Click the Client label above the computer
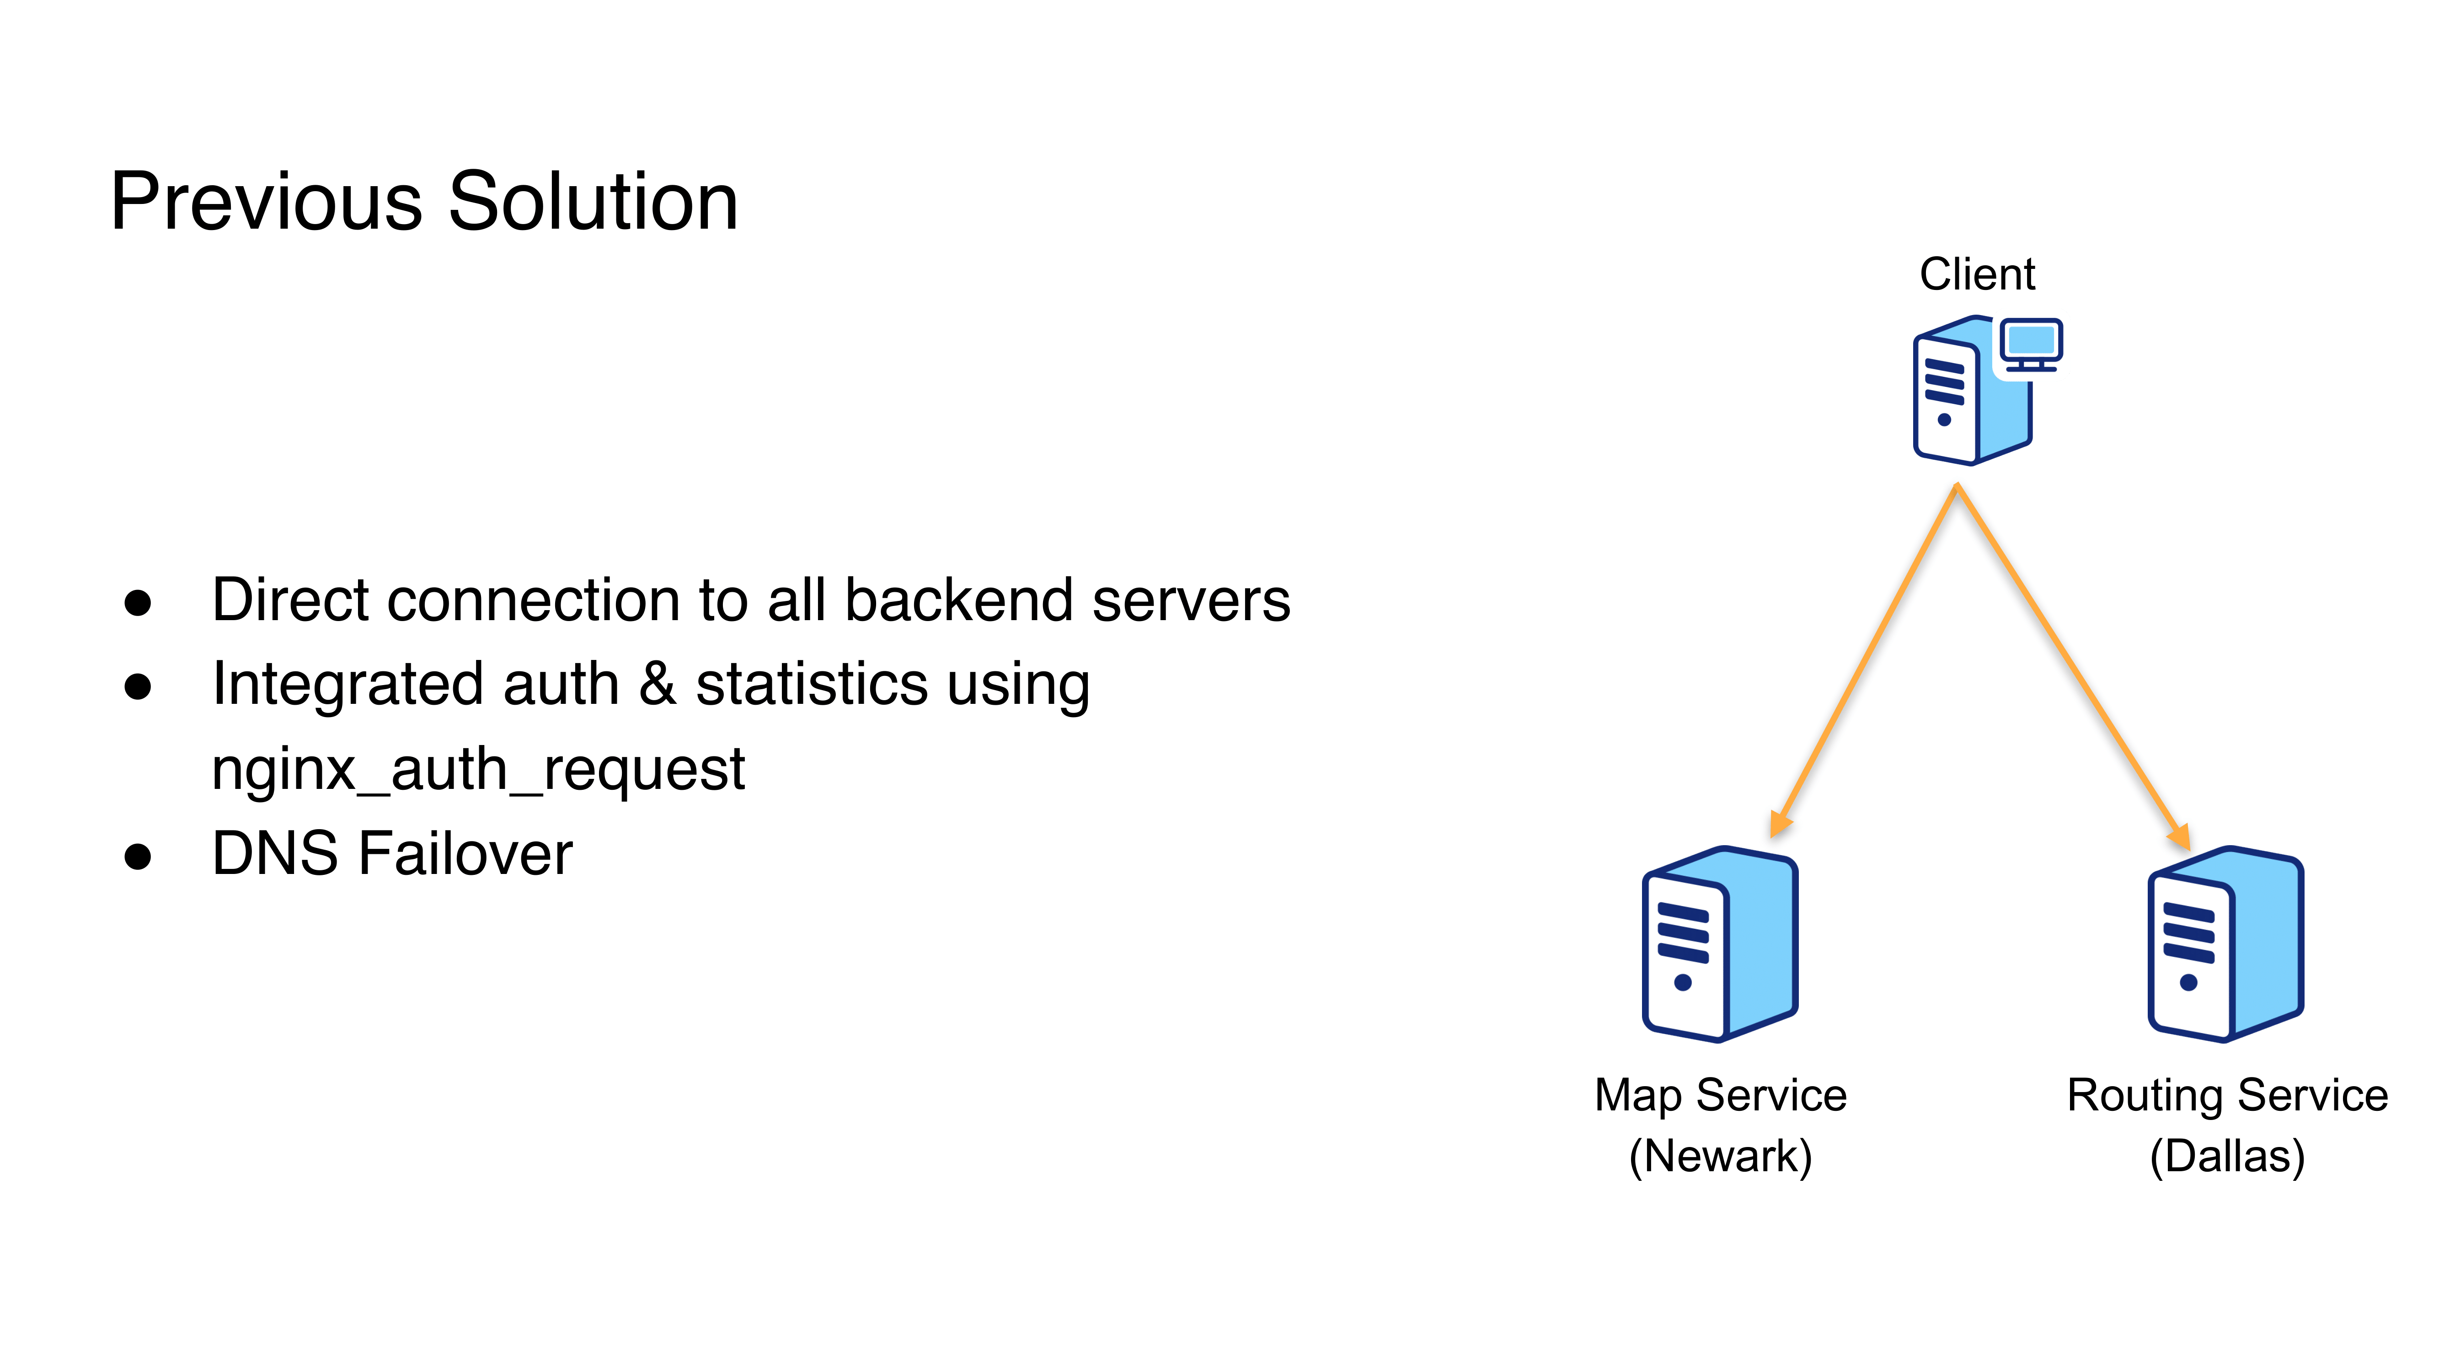pos(1977,274)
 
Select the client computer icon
pos(1986,390)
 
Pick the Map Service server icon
pos(1719,944)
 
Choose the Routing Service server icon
pos(2225,944)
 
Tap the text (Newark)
pos(1720,1156)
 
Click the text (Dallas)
pos(2227,1156)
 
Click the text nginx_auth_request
pos(478,769)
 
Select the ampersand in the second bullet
pos(657,684)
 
